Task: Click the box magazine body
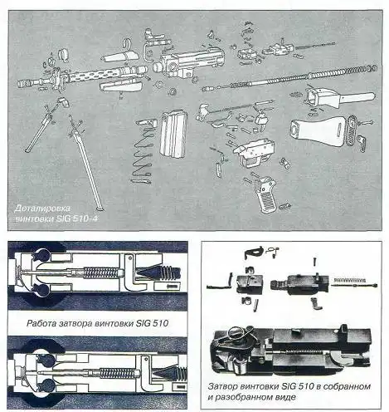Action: coord(173,134)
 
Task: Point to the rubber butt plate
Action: coord(353,130)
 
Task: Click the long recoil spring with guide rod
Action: coord(290,78)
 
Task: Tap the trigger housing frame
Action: coord(254,153)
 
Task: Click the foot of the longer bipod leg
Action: coord(100,208)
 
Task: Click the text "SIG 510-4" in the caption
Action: coord(77,218)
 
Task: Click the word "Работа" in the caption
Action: coord(41,323)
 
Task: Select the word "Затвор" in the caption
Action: coord(222,386)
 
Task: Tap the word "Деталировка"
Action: coord(42,208)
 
